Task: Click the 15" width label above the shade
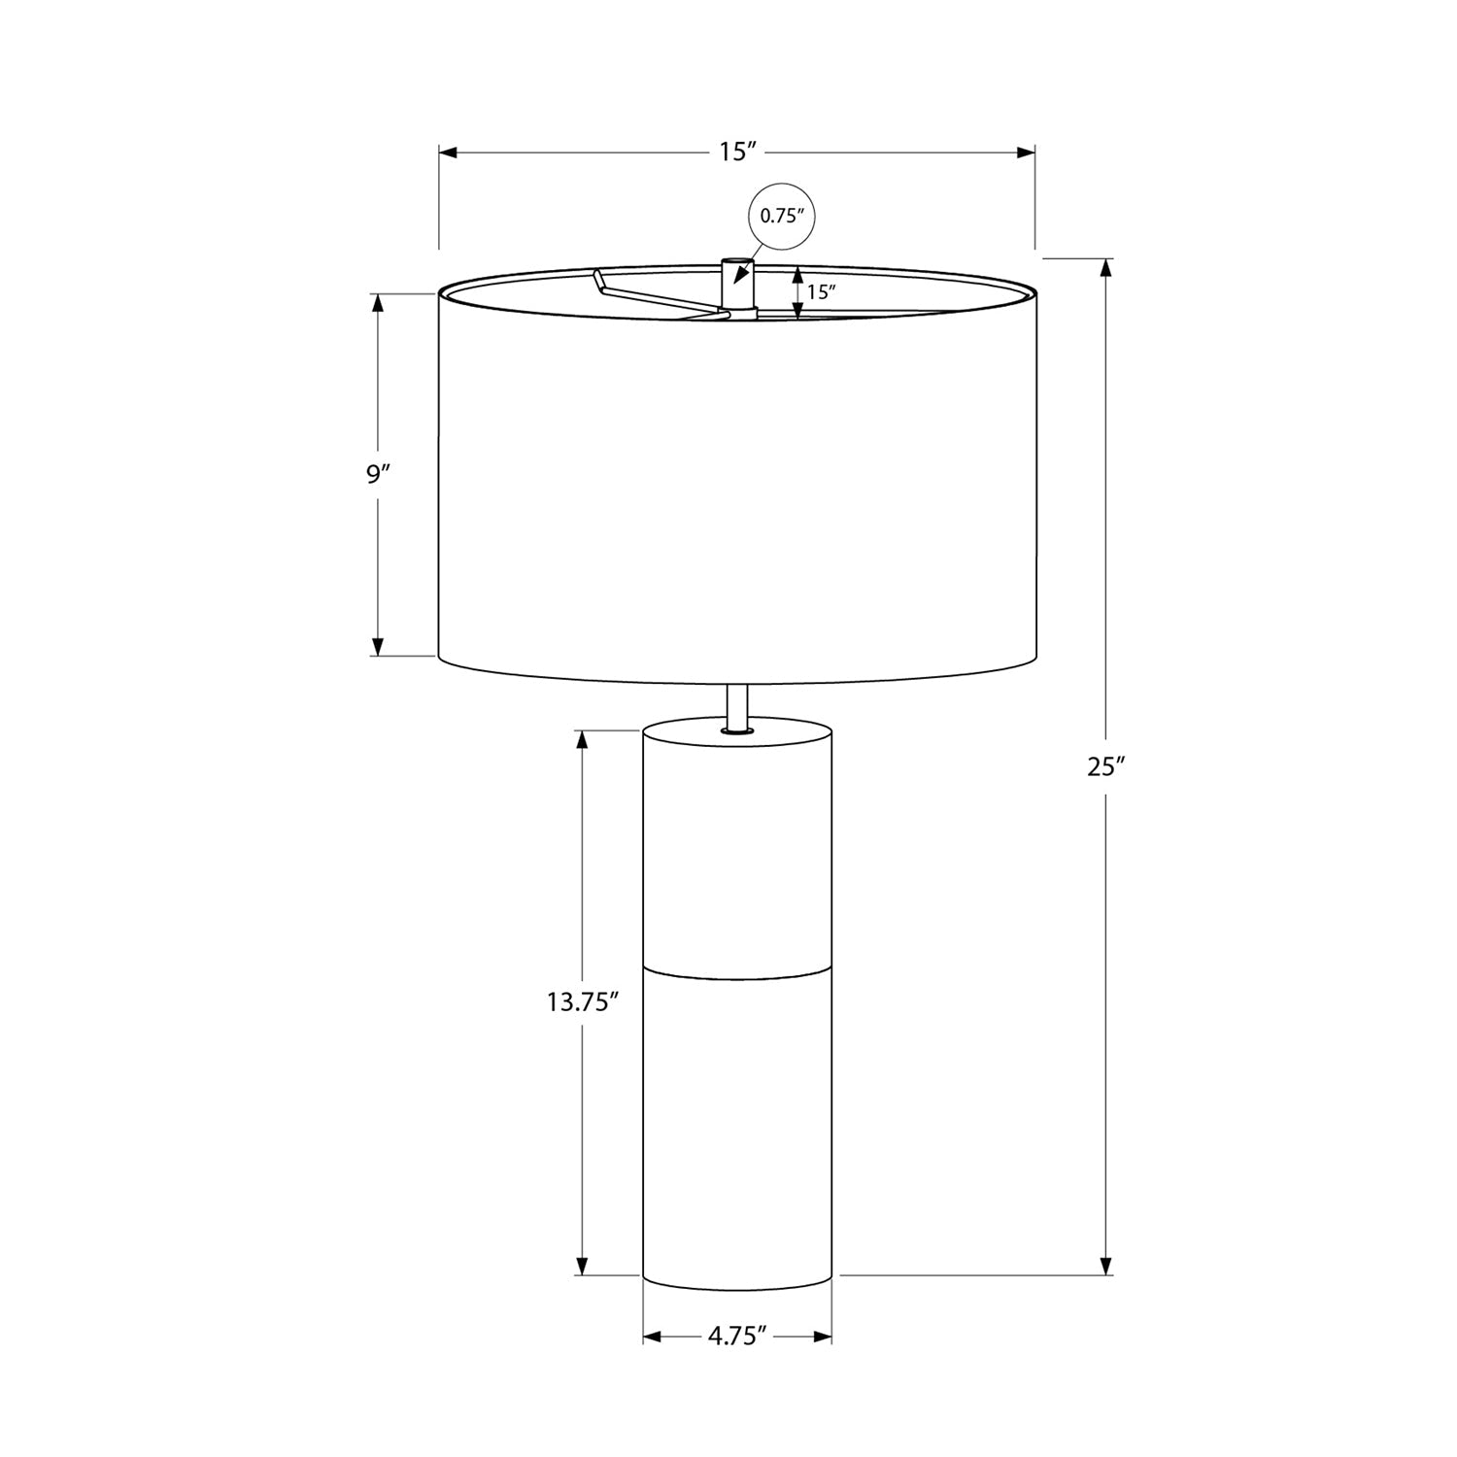click(737, 152)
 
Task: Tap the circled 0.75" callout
click(783, 216)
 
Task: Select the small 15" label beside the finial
click(822, 291)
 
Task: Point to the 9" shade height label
click(378, 474)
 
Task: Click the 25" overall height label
click(1105, 766)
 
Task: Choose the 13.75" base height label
click(583, 1001)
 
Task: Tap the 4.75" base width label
click(737, 1337)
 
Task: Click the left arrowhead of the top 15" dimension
click(449, 152)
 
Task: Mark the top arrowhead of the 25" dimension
click(1105, 268)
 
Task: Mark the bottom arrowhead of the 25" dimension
click(1105, 1265)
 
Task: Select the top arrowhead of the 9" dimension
click(379, 303)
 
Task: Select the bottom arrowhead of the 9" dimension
click(379, 646)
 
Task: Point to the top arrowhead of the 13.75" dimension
click(583, 739)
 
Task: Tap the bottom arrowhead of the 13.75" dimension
click(583, 1266)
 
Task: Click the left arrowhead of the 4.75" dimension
click(653, 1338)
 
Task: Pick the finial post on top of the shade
click(737, 287)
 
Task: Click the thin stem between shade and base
click(737, 705)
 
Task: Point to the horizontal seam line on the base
click(737, 967)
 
